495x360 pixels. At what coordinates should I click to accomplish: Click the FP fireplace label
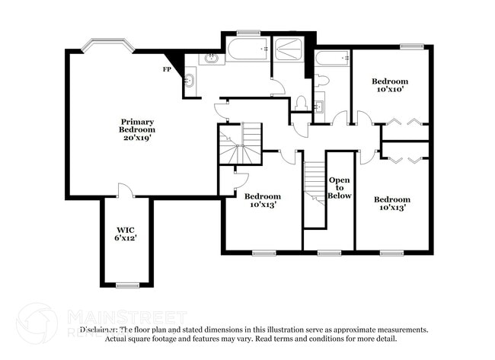pos(166,69)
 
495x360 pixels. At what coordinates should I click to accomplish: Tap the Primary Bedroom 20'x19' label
pos(137,129)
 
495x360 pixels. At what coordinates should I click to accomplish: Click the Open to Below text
pos(340,187)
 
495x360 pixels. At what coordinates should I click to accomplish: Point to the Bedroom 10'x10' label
pos(389,85)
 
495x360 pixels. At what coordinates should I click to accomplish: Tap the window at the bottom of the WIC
pos(126,285)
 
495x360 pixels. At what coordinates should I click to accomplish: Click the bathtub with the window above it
pos(245,52)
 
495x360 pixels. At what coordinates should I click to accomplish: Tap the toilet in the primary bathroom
pos(301,101)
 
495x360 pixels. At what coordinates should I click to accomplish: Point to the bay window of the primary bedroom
pos(99,45)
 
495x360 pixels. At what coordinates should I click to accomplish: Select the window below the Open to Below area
pos(329,253)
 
